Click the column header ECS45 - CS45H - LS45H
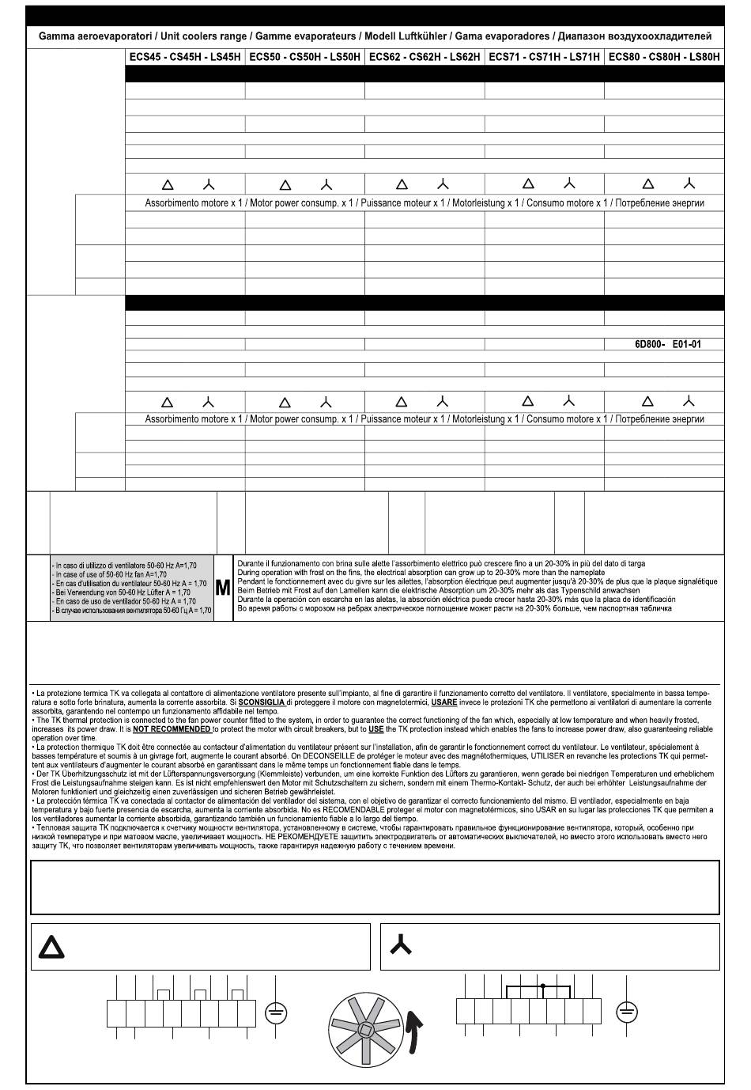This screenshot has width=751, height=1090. (185, 57)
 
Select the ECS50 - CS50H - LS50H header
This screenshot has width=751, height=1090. (305, 57)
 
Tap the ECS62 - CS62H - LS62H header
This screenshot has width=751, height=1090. (425, 57)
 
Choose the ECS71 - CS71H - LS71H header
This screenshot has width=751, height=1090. (544, 57)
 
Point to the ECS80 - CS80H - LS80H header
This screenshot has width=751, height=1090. (664, 57)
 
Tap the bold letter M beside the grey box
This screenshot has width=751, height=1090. (223, 588)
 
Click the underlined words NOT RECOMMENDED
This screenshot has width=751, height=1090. (172, 729)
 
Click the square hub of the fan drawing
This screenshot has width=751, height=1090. (365, 1029)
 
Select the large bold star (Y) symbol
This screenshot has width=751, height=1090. (401, 944)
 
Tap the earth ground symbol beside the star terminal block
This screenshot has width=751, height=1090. (626, 1012)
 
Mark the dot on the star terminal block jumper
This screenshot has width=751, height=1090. (543, 986)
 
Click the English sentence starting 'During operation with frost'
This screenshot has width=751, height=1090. (421, 572)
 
